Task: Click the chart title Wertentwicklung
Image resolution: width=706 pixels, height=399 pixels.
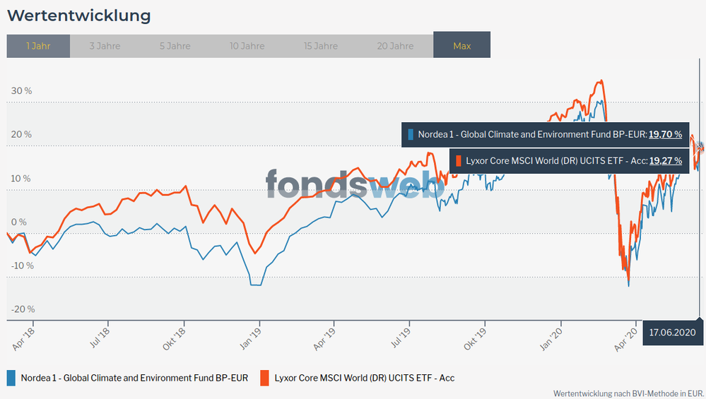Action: pyautogui.click(x=78, y=15)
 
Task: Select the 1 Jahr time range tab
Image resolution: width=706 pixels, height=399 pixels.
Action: pyautogui.click(x=38, y=46)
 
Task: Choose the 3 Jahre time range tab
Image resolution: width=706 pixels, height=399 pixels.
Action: pyautogui.click(x=105, y=46)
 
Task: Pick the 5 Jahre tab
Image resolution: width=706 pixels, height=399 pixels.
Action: pyautogui.click(x=175, y=46)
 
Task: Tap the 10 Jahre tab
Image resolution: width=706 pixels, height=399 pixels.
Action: pyautogui.click(x=247, y=46)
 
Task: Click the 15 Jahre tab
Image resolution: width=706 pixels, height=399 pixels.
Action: pyautogui.click(x=320, y=46)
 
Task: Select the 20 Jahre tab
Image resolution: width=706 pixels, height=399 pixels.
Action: pyautogui.click(x=395, y=46)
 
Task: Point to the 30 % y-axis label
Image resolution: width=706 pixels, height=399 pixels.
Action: pyautogui.click(x=22, y=91)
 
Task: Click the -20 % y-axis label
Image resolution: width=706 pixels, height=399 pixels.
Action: pyautogui.click(x=22, y=309)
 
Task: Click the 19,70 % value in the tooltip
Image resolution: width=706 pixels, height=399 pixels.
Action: pyautogui.click(x=665, y=134)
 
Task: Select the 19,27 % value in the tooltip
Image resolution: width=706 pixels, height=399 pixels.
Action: pyautogui.click(x=665, y=160)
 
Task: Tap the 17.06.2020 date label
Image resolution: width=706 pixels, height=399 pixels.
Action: pyautogui.click(x=671, y=332)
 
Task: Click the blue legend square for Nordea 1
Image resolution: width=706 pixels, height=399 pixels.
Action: pyautogui.click(x=11, y=378)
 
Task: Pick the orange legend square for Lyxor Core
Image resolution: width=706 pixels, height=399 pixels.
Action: pyautogui.click(x=264, y=378)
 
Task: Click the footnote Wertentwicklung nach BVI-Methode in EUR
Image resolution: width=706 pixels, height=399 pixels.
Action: pyautogui.click(x=629, y=393)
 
